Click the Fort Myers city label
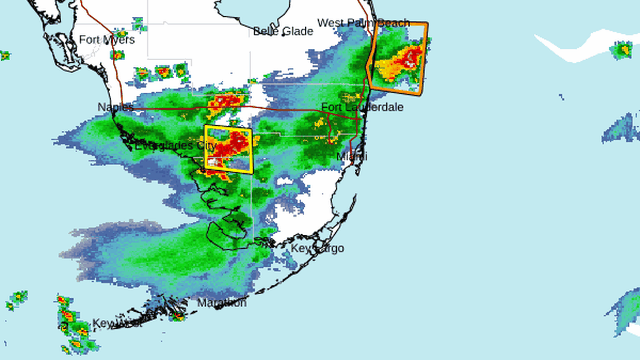coord(107,40)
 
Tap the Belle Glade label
coord(282,31)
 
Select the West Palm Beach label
coord(363,23)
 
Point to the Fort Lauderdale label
coord(362,107)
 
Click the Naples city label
coord(116,107)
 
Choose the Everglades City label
coord(175,146)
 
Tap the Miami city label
coord(352,156)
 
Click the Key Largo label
coord(317,248)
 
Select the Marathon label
coord(222,303)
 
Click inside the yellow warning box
coord(228,149)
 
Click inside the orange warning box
coord(398,56)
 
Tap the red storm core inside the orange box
coord(412,57)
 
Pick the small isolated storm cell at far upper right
coord(621,50)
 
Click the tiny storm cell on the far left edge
coord(4,55)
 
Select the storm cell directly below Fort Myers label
coord(117,55)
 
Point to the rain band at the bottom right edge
coord(626,312)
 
